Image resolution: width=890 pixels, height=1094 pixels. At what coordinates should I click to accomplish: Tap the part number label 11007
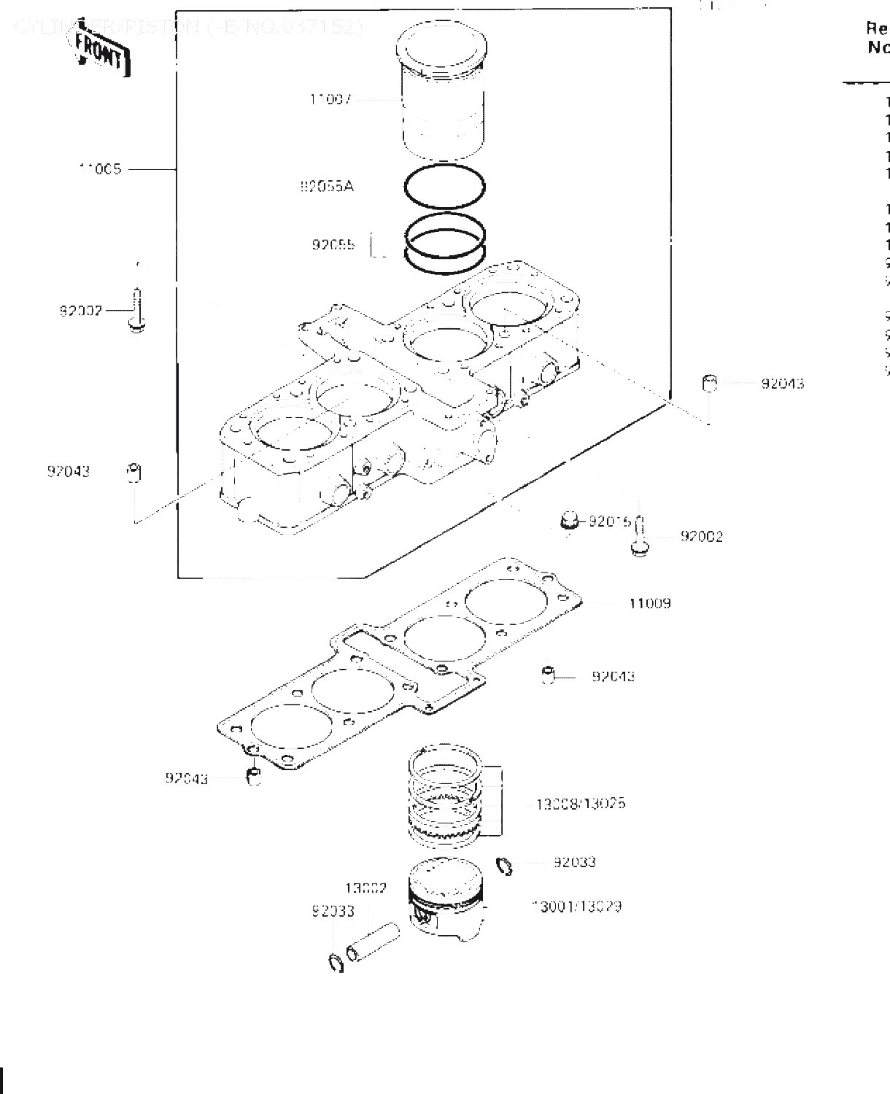[330, 99]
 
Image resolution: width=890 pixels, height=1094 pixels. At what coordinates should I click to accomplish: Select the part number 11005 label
[100, 169]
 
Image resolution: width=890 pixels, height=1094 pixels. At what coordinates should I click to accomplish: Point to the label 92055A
[326, 187]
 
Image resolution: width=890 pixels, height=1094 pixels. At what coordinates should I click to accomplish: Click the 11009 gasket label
[649, 603]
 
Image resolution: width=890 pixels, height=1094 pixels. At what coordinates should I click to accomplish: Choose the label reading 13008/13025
[580, 804]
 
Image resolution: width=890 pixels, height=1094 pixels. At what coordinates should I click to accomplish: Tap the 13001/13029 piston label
[577, 907]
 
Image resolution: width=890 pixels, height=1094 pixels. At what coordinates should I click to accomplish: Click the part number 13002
[365, 888]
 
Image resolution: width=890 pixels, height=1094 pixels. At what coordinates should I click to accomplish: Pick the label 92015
[609, 521]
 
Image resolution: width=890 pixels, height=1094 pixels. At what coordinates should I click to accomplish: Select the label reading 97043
[69, 471]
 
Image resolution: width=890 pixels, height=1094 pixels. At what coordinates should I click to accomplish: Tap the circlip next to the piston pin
[336, 963]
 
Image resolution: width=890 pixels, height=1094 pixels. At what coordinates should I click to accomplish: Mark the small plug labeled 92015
[569, 521]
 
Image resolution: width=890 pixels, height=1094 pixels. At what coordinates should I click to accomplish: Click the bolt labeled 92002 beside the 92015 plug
[639, 538]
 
